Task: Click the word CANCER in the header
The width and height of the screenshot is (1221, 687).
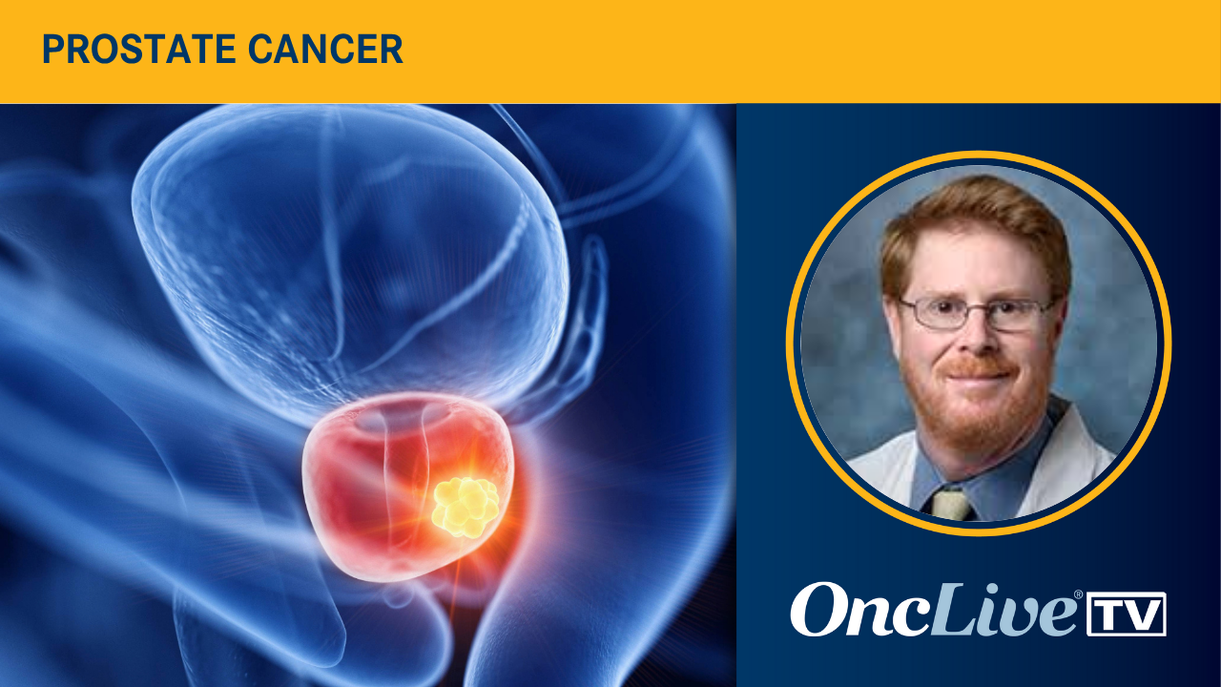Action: click(345, 51)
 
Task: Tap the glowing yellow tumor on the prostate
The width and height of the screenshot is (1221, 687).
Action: click(465, 505)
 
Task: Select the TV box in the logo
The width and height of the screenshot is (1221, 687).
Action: click(1126, 614)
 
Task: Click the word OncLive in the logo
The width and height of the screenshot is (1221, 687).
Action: click(934, 611)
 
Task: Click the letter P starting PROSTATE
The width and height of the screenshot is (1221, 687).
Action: click(52, 51)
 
